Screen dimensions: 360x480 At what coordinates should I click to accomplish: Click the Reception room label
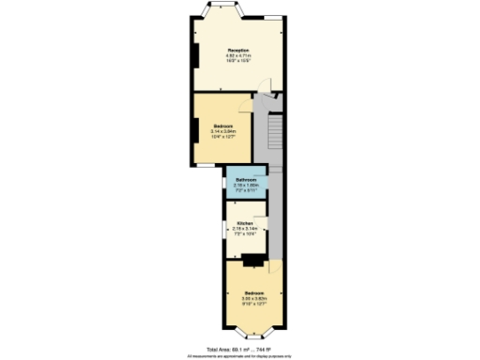coord(238,50)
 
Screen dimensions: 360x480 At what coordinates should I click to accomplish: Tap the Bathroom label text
coord(246,179)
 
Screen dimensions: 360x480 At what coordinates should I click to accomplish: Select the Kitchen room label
coord(244,222)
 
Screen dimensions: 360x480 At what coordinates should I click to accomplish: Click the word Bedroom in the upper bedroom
coord(222,126)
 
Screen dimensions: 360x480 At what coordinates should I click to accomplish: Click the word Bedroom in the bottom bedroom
coord(254,293)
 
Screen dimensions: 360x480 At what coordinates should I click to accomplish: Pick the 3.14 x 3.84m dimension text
coord(223,131)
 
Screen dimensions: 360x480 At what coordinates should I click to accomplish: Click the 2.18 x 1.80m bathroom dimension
coord(246,185)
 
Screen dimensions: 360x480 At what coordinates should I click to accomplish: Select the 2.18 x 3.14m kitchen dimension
coord(244,228)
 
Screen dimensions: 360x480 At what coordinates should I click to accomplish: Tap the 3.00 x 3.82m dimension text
coord(254,299)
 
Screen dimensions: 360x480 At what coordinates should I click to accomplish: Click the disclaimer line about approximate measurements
coord(240,356)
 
